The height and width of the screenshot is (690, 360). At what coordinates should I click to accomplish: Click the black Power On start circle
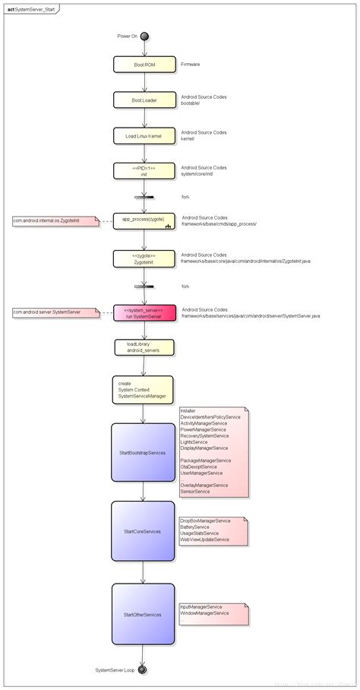144,36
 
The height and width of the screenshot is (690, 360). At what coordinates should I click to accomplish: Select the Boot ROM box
144,65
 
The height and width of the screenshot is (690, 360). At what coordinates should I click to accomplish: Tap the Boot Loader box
144,100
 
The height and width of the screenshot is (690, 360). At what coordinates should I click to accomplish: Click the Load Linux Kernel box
144,136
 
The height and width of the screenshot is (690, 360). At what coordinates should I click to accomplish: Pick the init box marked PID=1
144,171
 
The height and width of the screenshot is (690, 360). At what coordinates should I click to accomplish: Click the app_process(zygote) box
144,220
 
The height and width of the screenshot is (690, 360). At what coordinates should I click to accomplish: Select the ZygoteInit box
144,258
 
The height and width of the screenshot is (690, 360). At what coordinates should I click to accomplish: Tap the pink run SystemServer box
144,312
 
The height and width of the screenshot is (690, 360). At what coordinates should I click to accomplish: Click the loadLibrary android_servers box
144,347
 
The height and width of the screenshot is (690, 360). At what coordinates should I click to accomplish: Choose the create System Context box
143,389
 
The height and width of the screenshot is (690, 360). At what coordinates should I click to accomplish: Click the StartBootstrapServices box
143,452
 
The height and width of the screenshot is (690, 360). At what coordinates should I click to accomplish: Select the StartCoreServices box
143,531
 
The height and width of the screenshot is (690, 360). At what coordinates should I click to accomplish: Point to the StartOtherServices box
143,614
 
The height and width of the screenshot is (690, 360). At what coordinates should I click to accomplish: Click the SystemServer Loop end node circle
143,669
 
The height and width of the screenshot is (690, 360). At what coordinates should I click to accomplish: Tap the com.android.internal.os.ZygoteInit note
54,221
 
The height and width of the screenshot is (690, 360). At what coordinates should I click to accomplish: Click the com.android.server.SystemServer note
52,312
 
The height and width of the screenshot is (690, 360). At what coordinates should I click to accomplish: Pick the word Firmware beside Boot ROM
191,65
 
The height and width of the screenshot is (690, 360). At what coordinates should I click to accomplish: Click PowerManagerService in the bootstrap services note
204,430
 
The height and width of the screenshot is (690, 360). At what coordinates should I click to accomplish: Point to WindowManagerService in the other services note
206,612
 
